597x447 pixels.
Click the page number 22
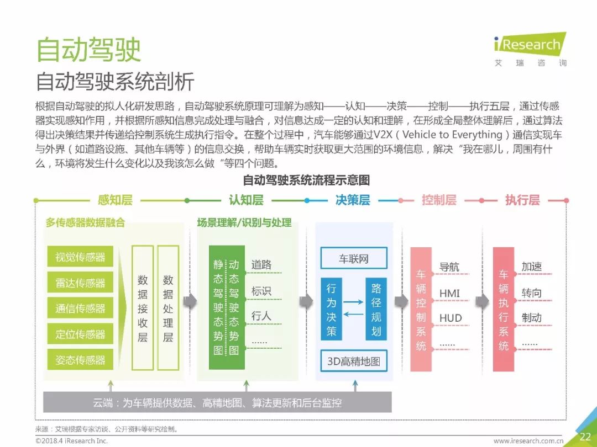tap(585, 437)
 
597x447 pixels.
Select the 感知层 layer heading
tap(115, 200)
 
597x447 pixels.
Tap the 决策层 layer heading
tap(353, 200)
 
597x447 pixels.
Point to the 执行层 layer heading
tap(522, 200)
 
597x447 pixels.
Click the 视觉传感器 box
tap(80, 257)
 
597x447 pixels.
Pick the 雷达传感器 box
tap(80, 283)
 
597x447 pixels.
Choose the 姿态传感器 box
tap(80, 360)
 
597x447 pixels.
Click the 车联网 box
tap(354, 258)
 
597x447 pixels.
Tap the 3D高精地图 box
tap(354, 361)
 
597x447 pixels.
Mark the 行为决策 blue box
tap(331, 309)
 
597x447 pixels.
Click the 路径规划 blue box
tap(376, 309)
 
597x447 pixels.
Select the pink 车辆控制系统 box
tap(421, 309)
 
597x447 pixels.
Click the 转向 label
tap(531, 293)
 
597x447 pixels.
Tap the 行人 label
tap(261, 316)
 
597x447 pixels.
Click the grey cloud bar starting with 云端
tap(217, 402)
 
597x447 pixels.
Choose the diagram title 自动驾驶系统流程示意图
tap(306, 180)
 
